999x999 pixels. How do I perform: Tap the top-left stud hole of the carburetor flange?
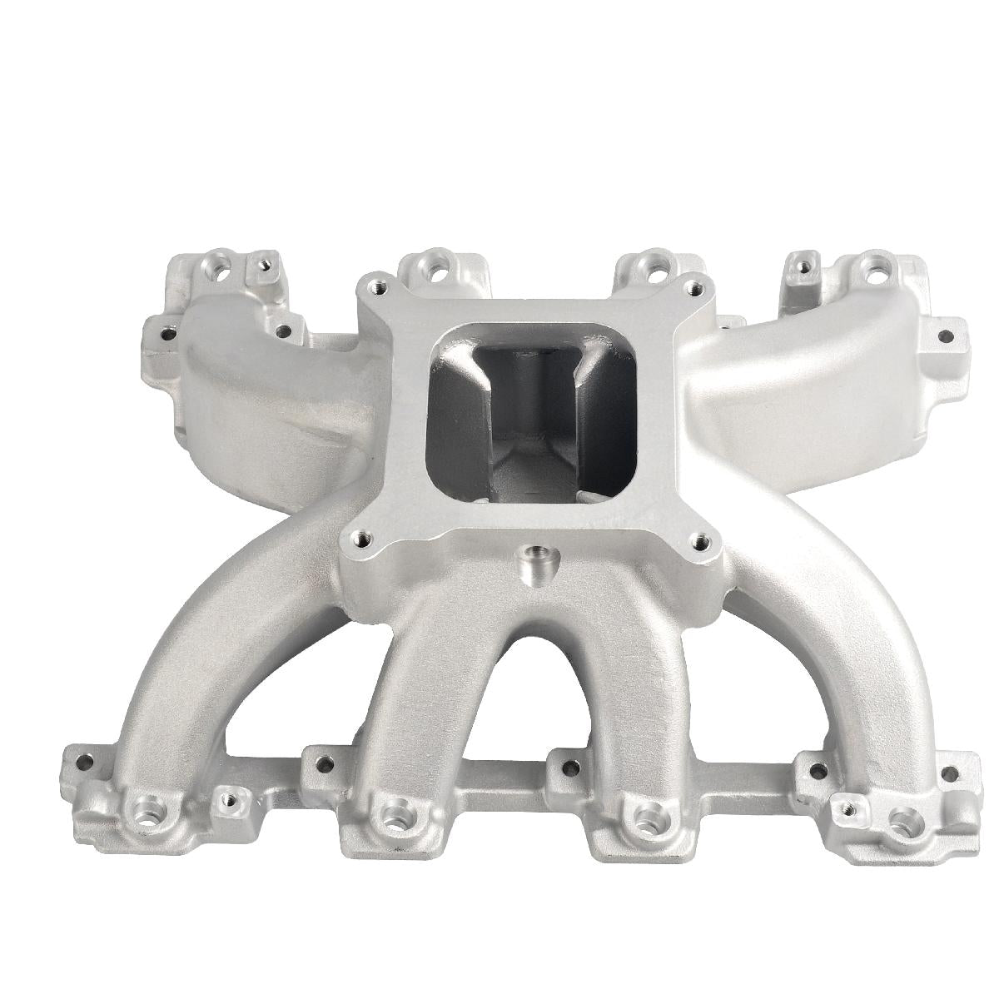(380, 285)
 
